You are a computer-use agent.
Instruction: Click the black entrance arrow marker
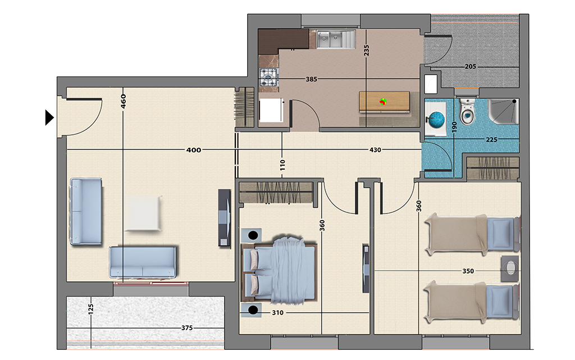pos(49,118)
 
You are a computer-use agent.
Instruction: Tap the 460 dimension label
pos(123,101)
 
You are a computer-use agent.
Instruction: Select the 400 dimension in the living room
pos(194,150)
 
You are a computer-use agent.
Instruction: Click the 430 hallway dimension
pos(375,150)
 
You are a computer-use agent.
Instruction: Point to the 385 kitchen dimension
pos(311,79)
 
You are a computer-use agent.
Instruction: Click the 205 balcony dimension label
pos(470,67)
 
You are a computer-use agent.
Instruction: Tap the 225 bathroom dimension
pos(491,140)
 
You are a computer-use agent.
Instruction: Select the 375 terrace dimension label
pos(187,328)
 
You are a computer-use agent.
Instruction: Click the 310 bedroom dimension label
pos(277,313)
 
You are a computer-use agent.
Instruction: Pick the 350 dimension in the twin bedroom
pos(468,271)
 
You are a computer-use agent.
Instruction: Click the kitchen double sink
pos(330,39)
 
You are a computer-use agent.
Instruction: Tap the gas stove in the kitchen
pos(269,78)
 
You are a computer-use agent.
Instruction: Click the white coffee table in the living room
pos(144,214)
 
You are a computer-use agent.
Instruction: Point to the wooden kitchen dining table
pos(384,102)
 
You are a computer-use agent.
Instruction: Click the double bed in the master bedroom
pos(279,270)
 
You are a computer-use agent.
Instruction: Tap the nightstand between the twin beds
pos(510,268)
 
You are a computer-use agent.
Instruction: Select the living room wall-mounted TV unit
pos(225,217)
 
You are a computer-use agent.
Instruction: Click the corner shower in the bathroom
pos(504,111)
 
